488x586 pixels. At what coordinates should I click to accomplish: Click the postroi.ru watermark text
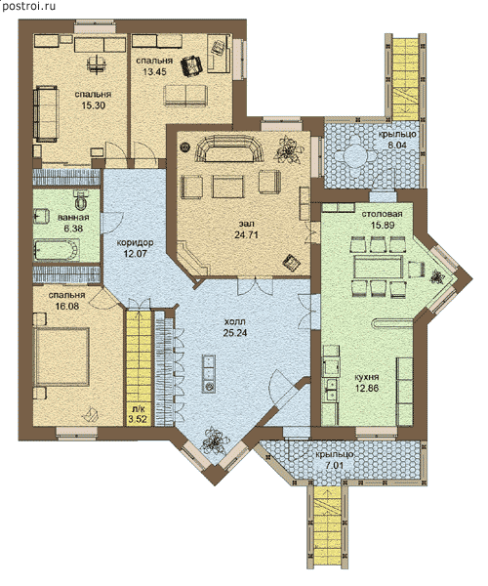(28, 7)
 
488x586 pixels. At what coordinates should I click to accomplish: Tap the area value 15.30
(94, 105)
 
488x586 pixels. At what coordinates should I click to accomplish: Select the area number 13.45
(154, 71)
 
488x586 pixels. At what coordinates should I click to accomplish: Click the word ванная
(73, 218)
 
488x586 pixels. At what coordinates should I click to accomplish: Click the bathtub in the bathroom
(57, 249)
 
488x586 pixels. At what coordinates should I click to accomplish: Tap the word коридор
(135, 242)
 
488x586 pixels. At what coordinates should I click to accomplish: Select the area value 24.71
(246, 235)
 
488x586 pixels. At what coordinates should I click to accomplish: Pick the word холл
(235, 321)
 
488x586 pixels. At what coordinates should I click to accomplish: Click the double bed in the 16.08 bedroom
(61, 356)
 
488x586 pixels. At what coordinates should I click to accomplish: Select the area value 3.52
(138, 419)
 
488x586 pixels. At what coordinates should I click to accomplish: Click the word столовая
(382, 214)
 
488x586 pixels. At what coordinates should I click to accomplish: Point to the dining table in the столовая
(379, 268)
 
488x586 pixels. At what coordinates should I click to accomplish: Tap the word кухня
(367, 377)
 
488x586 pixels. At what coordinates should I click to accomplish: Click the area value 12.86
(367, 389)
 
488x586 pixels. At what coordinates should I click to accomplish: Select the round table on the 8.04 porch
(352, 154)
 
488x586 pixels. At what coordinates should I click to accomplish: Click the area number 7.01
(335, 466)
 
